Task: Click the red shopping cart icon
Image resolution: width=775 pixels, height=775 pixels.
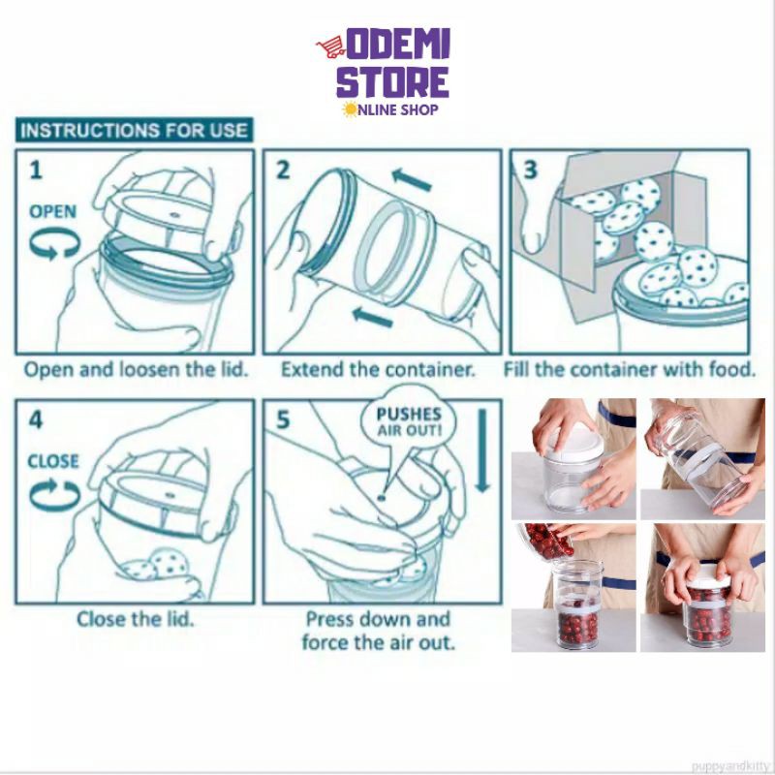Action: [330, 46]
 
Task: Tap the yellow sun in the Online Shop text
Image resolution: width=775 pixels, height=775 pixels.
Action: [350, 109]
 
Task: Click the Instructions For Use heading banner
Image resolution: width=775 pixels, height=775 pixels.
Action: [134, 130]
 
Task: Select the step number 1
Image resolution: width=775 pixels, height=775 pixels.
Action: [36, 170]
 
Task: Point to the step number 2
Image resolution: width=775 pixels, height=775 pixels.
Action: [283, 170]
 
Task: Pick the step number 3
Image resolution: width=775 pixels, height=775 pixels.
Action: [530, 170]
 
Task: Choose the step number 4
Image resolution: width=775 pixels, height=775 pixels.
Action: [36, 420]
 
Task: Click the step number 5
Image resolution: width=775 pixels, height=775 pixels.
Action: [283, 420]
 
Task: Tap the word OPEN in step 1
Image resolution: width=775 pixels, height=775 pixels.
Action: [53, 211]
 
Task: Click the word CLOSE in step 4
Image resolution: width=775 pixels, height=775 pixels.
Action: [53, 461]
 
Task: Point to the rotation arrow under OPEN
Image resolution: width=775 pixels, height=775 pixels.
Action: [55, 243]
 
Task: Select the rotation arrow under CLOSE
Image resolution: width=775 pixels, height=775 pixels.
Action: [54, 493]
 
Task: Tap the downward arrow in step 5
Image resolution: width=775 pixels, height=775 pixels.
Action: [482, 450]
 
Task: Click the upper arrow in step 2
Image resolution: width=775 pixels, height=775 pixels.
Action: [412, 179]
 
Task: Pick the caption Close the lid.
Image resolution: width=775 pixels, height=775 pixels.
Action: [135, 619]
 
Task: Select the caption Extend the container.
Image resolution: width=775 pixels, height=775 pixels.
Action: [378, 369]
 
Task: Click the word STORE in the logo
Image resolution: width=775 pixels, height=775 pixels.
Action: [393, 82]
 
